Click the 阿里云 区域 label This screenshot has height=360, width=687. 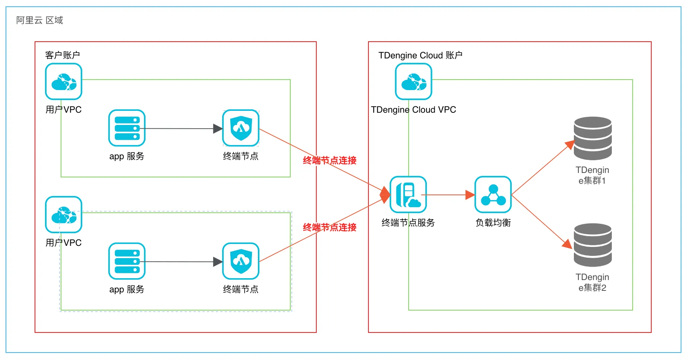(x=39, y=20)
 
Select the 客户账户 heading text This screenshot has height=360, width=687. (x=63, y=55)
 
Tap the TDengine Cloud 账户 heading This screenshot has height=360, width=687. (x=420, y=55)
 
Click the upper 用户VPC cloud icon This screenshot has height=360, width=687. (x=64, y=81)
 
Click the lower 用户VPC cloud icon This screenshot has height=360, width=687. (x=64, y=215)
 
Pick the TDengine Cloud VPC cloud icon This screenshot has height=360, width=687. (x=413, y=81)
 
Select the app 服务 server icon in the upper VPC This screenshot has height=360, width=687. (x=127, y=128)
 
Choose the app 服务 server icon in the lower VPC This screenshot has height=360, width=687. (x=127, y=261)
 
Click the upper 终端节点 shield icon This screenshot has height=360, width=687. (x=241, y=128)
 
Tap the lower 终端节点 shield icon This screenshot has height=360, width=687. (x=241, y=261)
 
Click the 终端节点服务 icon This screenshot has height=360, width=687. (x=408, y=195)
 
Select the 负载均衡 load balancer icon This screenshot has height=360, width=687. (x=493, y=195)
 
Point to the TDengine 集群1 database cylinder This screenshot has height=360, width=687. (x=592, y=138)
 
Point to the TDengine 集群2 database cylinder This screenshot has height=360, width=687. (x=592, y=245)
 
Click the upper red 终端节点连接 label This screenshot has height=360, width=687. (x=330, y=160)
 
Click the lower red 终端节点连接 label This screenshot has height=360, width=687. (x=330, y=227)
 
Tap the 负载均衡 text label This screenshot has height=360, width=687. (x=493, y=223)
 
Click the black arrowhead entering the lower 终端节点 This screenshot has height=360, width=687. (x=218, y=262)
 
